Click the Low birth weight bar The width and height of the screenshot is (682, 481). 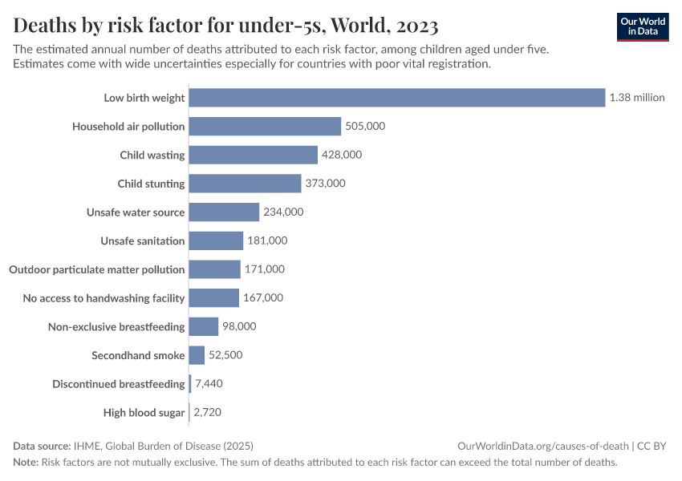tap(396, 98)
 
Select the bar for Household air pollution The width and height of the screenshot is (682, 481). tap(265, 127)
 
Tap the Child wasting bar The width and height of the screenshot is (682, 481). tap(253, 155)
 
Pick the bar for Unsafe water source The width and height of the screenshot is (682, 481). tap(224, 212)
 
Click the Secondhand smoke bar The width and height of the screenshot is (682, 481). tap(197, 355)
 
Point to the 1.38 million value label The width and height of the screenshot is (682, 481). tap(637, 98)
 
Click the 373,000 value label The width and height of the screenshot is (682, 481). tap(325, 184)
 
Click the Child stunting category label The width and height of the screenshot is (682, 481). tap(151, 184)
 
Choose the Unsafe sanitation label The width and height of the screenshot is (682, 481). tap(143, 240)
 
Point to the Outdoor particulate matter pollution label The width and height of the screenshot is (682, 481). tap(97, 269)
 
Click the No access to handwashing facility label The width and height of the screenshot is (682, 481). tap(104, 298)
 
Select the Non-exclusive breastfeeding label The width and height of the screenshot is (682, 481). tap(116, 327)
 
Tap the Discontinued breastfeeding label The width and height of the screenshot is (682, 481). tap(119, 384)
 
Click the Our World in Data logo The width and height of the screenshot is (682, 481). tap(642, 26)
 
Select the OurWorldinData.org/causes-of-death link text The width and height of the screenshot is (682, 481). tap(542, 446)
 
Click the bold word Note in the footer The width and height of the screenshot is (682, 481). tap(25, 463)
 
